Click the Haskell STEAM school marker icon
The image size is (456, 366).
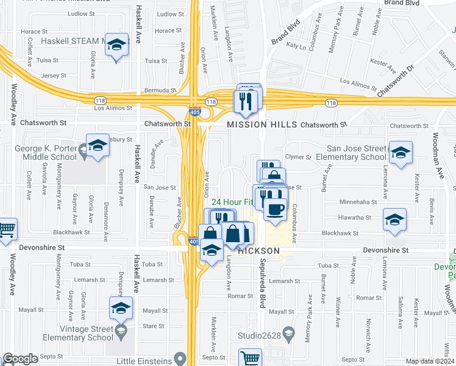pos(117,46)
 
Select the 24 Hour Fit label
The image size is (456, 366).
pos(232,202)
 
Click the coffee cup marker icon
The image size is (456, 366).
pos(275,209)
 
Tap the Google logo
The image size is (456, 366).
pos(20,359)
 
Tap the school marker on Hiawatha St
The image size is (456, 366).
pos(394,220)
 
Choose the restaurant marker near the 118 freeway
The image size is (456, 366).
pos(247,100)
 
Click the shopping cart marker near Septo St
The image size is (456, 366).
pos(250,357)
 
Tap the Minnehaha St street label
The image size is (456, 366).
pos(355,201)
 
